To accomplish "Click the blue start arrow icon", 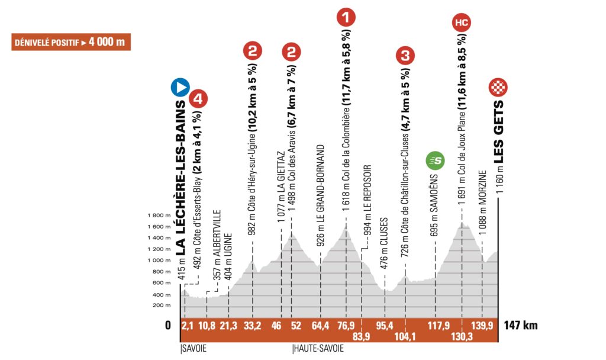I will (180, 88).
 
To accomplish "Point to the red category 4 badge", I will (198, 99).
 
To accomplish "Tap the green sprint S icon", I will (436, 160).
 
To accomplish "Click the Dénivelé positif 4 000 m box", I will (71, 43).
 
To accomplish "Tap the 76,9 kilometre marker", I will (346, 325).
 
